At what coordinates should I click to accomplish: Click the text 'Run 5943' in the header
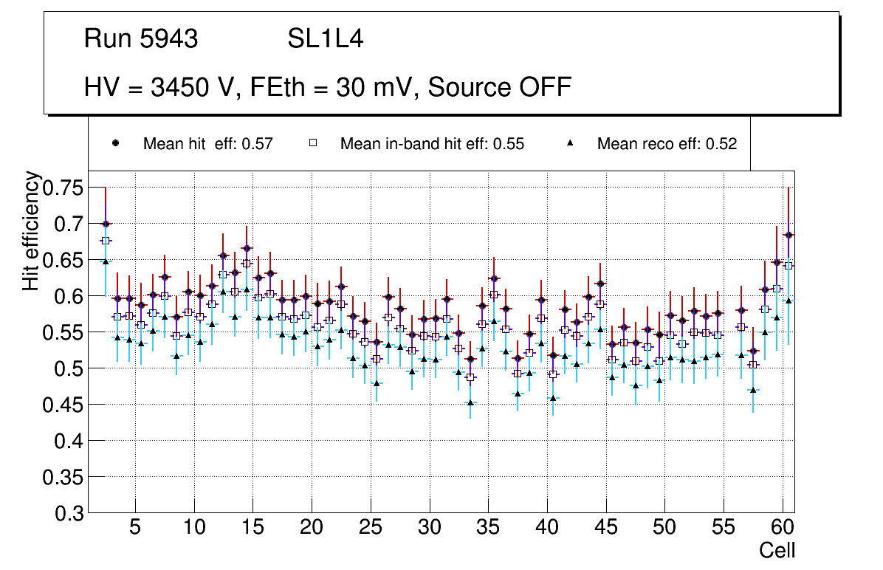(x=141, y=39)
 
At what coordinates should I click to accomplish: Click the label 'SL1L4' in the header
(x=326, y=39)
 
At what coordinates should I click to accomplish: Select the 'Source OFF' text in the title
(x=500, y=87)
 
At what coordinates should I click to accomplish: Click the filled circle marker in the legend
(x=115, y=143)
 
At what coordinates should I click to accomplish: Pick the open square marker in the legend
(x=312, y=143)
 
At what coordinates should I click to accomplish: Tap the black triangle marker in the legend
(x=571, y=143)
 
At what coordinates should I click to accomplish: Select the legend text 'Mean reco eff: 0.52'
(x=667, y=144)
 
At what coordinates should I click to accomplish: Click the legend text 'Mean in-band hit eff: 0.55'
(x=432, y=144)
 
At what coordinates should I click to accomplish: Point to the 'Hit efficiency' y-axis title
(x=31, y=230)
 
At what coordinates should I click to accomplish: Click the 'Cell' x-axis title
(x=777, y=550)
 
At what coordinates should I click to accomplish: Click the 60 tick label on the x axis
(x=783, y=529)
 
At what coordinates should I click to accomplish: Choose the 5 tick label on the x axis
(x=135, y=529)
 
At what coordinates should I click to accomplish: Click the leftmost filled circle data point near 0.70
(x=106, y=224)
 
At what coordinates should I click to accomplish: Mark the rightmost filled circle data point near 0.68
(x=788, y=235)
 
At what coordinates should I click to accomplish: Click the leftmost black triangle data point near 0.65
(x=106, y=261)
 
